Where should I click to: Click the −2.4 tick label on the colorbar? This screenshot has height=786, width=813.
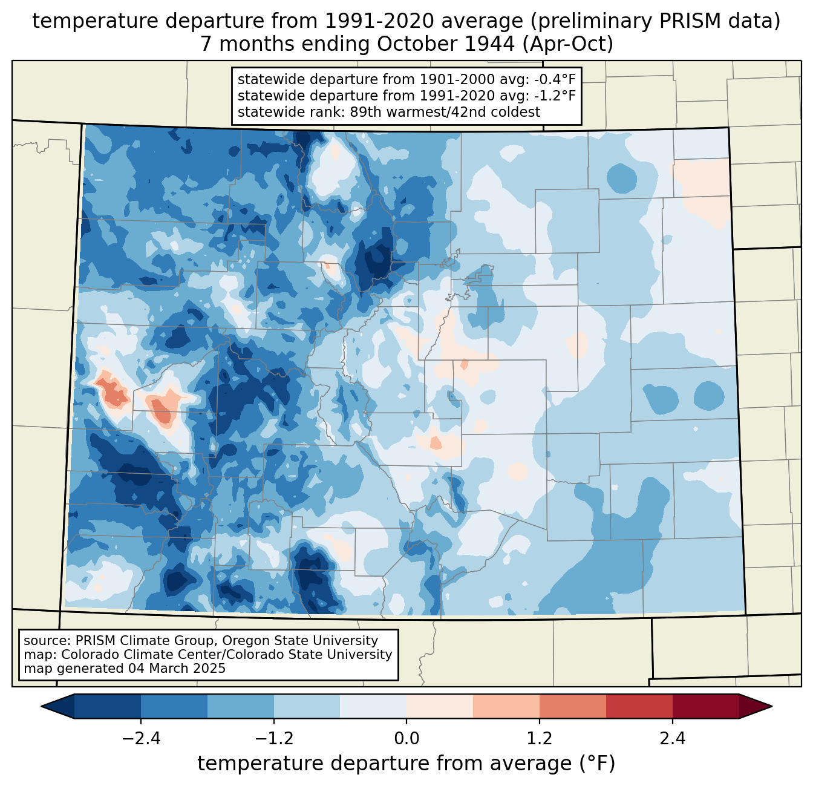click(141, 739)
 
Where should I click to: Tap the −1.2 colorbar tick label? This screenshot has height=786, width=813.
click(273, 739)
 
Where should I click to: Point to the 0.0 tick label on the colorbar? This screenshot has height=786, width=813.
click(406, 739)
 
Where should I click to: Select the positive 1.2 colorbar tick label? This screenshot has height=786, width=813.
click(540, 739)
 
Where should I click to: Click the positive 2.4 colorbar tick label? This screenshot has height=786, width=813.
click(672, 739)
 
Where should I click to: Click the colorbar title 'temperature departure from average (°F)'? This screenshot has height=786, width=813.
click(406, 764)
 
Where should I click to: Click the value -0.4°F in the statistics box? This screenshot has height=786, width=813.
click(555, 80)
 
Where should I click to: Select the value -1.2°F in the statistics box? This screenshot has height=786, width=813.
click(555, 96)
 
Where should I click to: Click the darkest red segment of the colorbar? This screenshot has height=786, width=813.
click(705, 706)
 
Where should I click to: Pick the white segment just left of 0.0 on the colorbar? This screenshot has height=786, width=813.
click(373, 706)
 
